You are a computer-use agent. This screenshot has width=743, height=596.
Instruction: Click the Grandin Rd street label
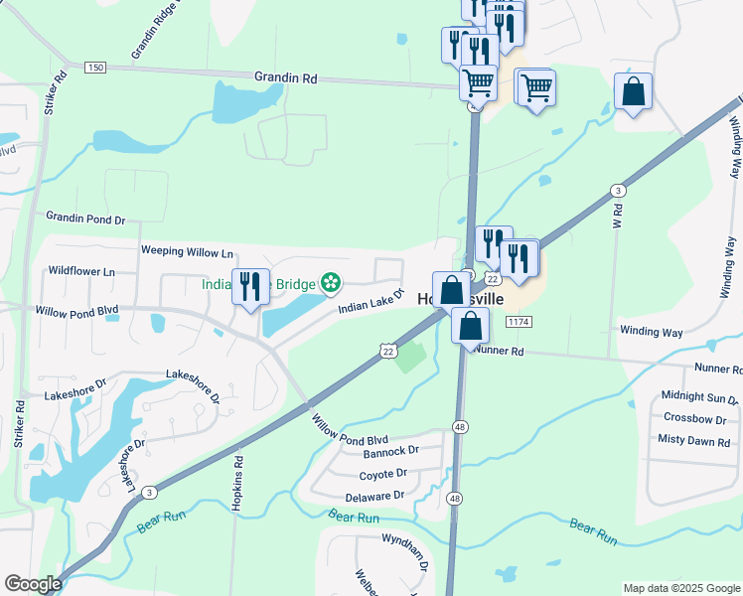pos(285,75)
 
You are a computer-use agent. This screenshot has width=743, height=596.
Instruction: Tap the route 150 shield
pos(94,67)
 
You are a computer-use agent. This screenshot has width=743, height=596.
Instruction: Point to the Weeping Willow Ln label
pos(187,252)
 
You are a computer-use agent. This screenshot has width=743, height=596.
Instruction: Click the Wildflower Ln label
pos(81,270)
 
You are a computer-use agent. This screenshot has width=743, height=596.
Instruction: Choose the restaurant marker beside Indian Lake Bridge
pos(250,286)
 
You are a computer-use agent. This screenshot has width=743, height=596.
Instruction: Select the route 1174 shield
pos(519,322)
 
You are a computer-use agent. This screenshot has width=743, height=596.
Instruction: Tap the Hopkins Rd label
pos(238,485)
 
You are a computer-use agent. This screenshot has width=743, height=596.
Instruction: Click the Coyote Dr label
pos(383,474)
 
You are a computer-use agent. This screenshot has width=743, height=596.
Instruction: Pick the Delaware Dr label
pos(375,496)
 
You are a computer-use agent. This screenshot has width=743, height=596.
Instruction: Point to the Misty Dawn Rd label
pos(693,440)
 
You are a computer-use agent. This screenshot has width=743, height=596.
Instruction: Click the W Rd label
pos(617,217)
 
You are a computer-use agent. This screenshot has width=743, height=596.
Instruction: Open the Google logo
pos(33,583)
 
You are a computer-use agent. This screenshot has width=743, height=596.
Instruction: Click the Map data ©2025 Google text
pos(681,588)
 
